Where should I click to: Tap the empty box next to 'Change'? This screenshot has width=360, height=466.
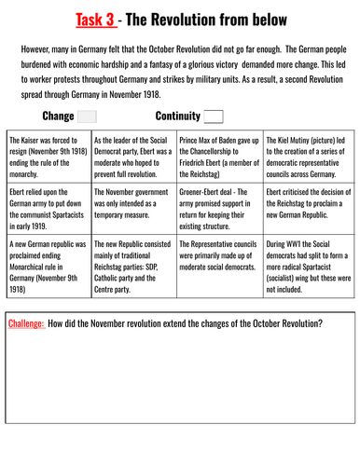coord(86,116)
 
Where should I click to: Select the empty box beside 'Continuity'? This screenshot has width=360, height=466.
coord(214,116)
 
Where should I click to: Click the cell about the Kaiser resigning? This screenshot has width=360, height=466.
coord(48,155)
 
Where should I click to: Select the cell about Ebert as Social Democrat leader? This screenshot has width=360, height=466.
coord(134,155)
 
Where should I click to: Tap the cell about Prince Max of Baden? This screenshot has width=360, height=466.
coord(220,155)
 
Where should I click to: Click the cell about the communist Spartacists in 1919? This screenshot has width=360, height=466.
coord(48,210)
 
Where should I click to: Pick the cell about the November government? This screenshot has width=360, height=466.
coord(134,210)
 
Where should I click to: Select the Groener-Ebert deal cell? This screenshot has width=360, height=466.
coord(220,210)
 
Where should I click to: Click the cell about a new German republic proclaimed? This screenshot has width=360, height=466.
coord(48,269)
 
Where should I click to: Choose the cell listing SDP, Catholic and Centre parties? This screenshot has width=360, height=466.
coord(134,269)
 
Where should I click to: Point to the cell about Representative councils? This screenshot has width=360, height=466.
coord(220,269)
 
